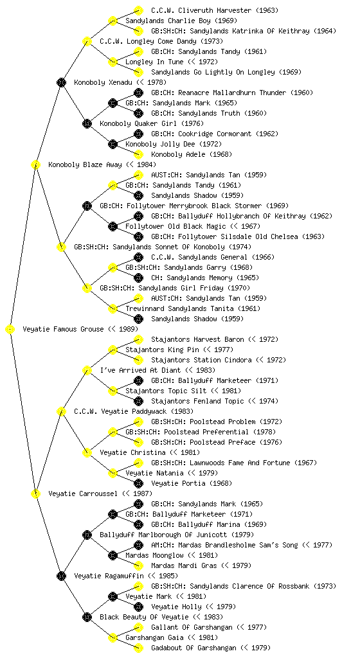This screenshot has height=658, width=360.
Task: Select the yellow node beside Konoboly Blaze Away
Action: pyautogui.click(x=36, y=164)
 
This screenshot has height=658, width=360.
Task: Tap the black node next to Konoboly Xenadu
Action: pyautogui.click(x=62, y=82)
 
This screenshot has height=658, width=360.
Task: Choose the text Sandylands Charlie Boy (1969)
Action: pyautogui.click(x=181, y=21)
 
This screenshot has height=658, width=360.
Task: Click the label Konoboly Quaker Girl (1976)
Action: pyautogui.click(x=152, y=123)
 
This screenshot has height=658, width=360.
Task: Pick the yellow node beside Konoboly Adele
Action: pyautogui.click(x=138, y=154)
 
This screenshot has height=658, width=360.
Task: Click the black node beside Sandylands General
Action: pyautogui.click(x=138, y=257)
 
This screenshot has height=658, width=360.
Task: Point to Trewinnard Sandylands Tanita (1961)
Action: pyautogui.click(x=193, y=308)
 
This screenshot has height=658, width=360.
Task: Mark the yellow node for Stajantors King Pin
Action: pyautogui.click(x=113, y=350)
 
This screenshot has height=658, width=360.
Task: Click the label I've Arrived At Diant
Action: pyautogui.click(x=140, y=370)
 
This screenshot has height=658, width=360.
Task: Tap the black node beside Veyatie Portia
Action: pyautogui.click(x=138, y=483)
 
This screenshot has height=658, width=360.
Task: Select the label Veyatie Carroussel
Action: pyautogui.click(x=83, y=493)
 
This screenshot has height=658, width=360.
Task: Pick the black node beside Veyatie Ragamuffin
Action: pyautogui.click(x=62, y=576)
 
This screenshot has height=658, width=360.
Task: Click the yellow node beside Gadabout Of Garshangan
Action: pyautogui.click(x=138, y=648)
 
